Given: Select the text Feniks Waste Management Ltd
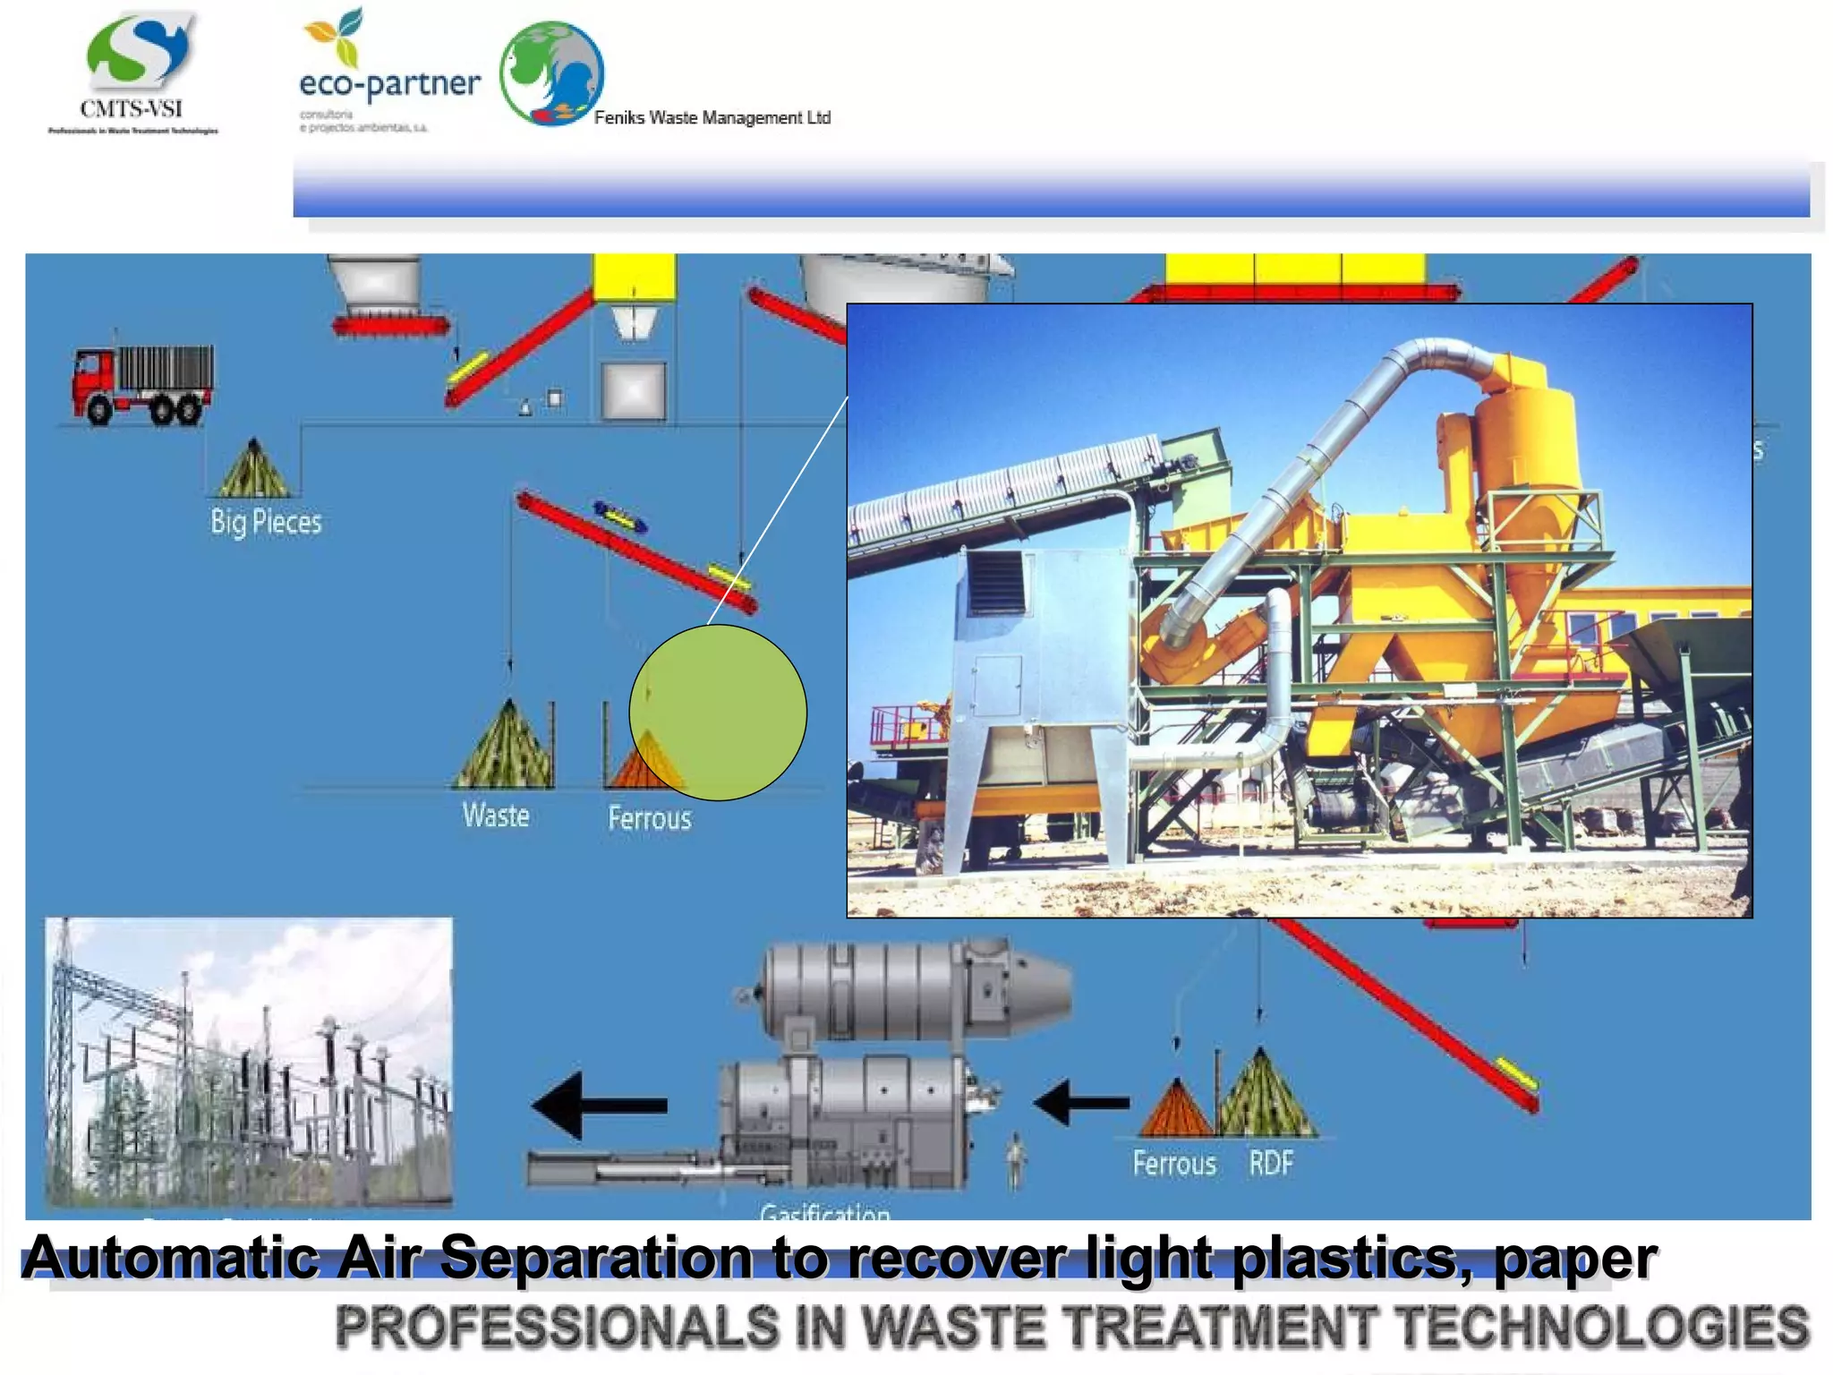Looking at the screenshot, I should (712, 118).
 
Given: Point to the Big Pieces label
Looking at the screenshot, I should (266, 522).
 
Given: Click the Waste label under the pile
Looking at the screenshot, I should (496, 816).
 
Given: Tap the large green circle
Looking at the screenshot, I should (718, 713).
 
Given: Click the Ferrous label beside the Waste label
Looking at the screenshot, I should (650, 818).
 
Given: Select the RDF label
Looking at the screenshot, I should (1271, 1164).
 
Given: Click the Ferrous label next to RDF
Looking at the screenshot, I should (1174, 1164).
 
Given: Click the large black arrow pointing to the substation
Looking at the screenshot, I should (600, 1106).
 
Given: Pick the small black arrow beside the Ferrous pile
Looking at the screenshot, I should (1081, 1102).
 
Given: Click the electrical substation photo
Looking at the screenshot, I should (249, 1063).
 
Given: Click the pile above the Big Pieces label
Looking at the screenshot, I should (253, 468).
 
